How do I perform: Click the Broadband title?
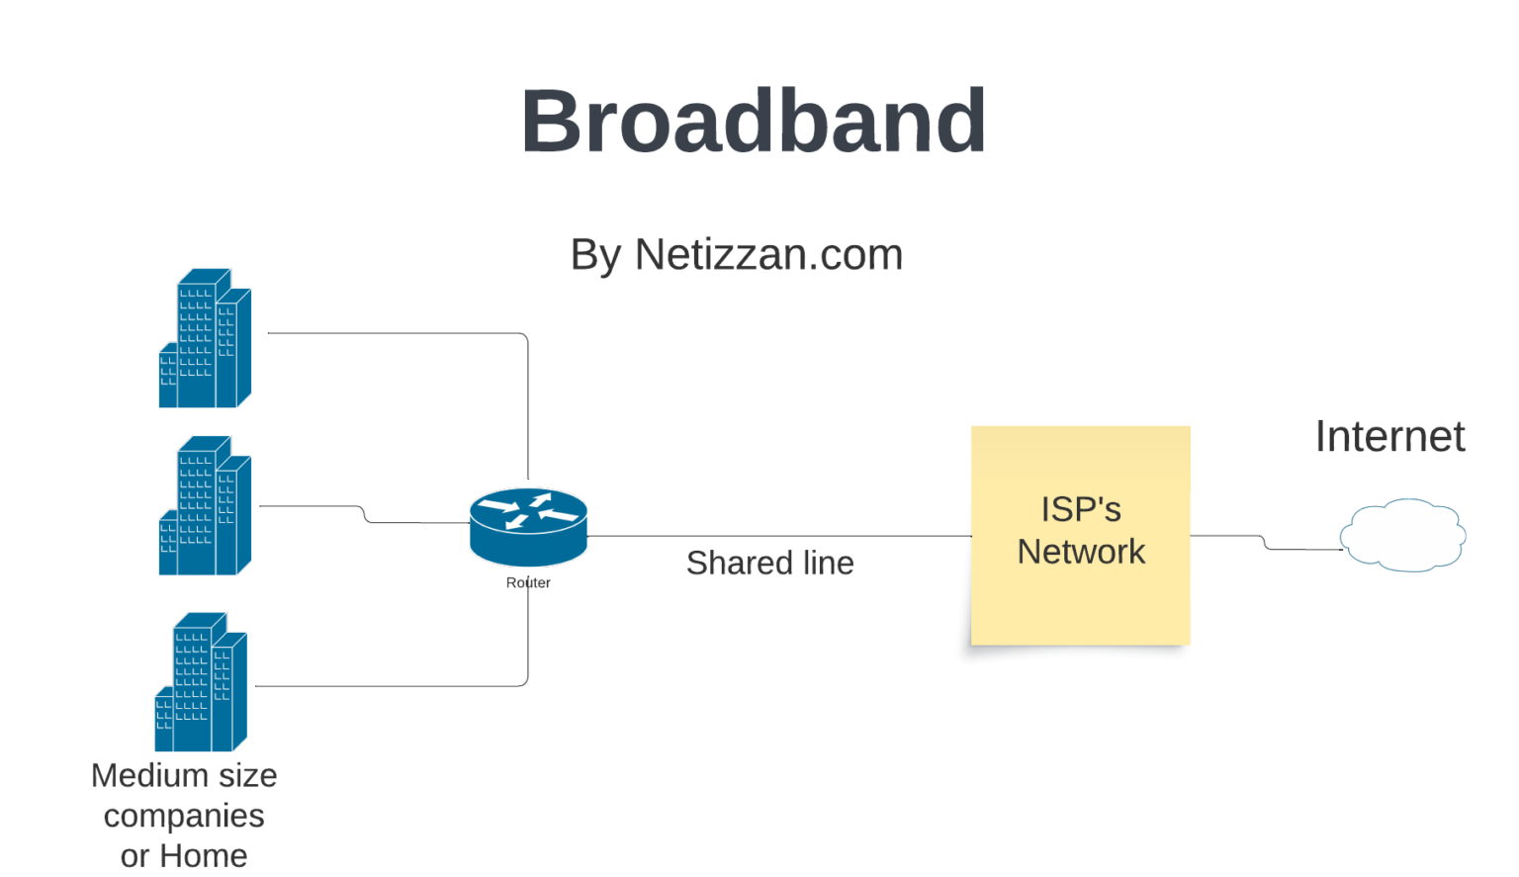754,122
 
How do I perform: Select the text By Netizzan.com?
737,255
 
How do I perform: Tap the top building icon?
206,338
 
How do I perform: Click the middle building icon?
206,506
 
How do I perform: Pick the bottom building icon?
202,682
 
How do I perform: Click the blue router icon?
528,525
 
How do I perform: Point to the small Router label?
528,582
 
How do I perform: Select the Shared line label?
769,563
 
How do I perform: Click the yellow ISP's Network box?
1080,593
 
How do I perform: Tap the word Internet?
1389,437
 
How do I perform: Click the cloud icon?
1402,535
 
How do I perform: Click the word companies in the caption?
184,816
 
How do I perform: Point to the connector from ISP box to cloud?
1226,536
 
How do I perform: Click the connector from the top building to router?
396,333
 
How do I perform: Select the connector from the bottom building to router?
396,686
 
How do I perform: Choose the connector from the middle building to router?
415,522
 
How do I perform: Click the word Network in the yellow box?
1081,552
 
